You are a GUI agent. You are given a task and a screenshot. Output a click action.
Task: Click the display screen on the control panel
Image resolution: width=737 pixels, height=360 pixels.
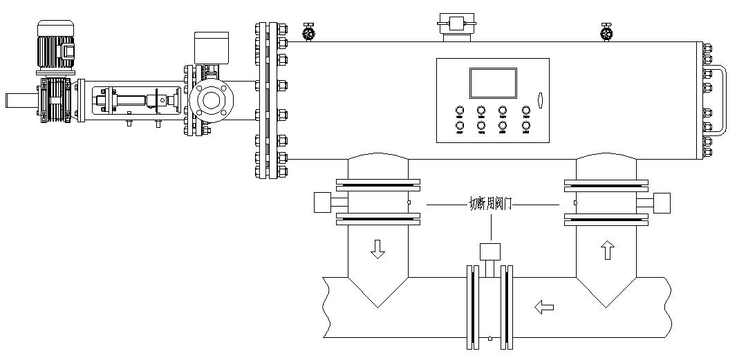(x=492, y=83)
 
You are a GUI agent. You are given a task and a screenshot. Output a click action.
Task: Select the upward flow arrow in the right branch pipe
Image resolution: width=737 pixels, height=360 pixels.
(x=608, y=250)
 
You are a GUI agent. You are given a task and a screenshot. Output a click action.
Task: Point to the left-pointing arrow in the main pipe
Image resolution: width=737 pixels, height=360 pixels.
(x=545, y=305)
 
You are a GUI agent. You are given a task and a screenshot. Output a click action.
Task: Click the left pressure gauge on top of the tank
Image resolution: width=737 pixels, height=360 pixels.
(x=308, y=31)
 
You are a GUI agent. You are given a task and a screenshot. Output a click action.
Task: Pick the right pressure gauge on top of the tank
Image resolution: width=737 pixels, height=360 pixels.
(x=606, y=31)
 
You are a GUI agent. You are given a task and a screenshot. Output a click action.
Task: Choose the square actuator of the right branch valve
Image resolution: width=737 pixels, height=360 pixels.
(x=662, y=202)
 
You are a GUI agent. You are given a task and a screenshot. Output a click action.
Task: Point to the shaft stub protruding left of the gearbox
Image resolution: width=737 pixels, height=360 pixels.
(x=19, y=100)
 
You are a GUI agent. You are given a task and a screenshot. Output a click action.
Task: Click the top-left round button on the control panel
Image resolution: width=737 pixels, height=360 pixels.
(x=459, y=111)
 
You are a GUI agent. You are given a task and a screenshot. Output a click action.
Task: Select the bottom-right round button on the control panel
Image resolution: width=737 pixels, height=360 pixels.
(x=526, y=126)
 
